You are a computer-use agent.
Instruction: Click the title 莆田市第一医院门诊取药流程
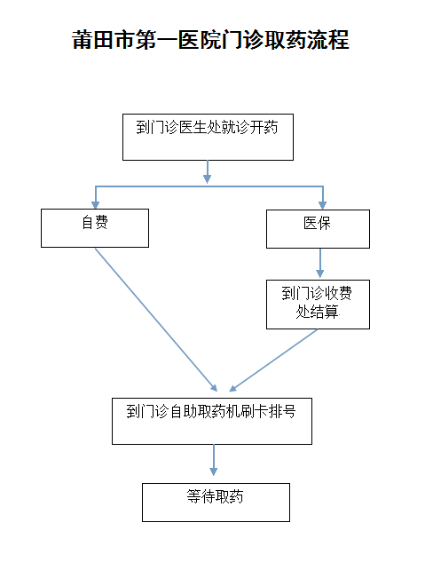coord(210,40)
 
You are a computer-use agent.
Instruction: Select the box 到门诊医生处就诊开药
coord(208,137)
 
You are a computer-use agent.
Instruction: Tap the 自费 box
coord(95,228)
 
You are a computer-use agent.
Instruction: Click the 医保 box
coord(318,229)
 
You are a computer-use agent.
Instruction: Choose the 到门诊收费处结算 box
coord(318,305)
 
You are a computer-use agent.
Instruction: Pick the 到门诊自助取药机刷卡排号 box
coord(212,421)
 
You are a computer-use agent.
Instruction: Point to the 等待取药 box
coord(216,503)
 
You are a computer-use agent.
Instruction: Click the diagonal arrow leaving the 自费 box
coord(156,320)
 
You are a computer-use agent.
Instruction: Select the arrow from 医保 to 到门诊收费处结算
coord(319,263)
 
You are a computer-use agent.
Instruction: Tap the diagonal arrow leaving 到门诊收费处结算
coord(273,360)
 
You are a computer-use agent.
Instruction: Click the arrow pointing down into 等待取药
coord(213,460)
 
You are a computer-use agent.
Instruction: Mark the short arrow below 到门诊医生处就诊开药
coord(208,171)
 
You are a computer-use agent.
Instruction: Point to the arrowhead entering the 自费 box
coord(96,205)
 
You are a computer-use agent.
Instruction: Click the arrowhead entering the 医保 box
coord(323,205)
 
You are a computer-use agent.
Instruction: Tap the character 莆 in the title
coord(83,40)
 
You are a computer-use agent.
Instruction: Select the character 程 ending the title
coord(339,40)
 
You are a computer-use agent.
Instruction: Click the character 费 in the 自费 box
coord(101,222)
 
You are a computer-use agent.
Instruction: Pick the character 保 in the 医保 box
coord(324,223)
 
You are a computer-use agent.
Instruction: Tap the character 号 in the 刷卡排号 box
coord(289,411)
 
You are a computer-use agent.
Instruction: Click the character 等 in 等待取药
coord(193,496)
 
